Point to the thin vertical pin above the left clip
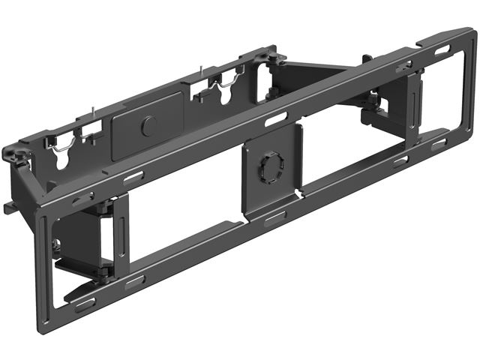88,113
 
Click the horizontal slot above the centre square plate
275,119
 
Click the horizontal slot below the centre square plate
274,219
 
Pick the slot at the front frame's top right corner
442,49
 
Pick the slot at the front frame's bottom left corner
85,305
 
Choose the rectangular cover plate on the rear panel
147,126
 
